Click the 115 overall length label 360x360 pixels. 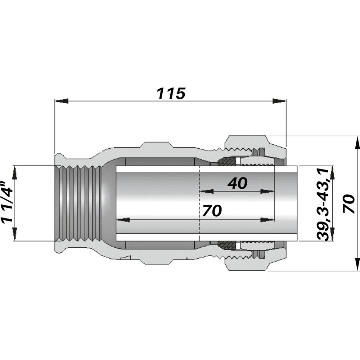(x=171, y=94)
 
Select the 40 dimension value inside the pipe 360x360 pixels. (x=237, y=184)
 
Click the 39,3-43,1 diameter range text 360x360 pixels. (x=323, y=203)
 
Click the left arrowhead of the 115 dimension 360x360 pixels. (x=61, y=101)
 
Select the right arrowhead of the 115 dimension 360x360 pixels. (x=279, y=101)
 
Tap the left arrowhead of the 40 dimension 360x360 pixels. (x=206, y=192)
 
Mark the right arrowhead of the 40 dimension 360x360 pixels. (x=267, y=192)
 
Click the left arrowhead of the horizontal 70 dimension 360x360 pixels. (x=123, y=220)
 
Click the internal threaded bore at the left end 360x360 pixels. (x=77, y=203)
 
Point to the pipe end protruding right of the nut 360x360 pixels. (x=292, y=203)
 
